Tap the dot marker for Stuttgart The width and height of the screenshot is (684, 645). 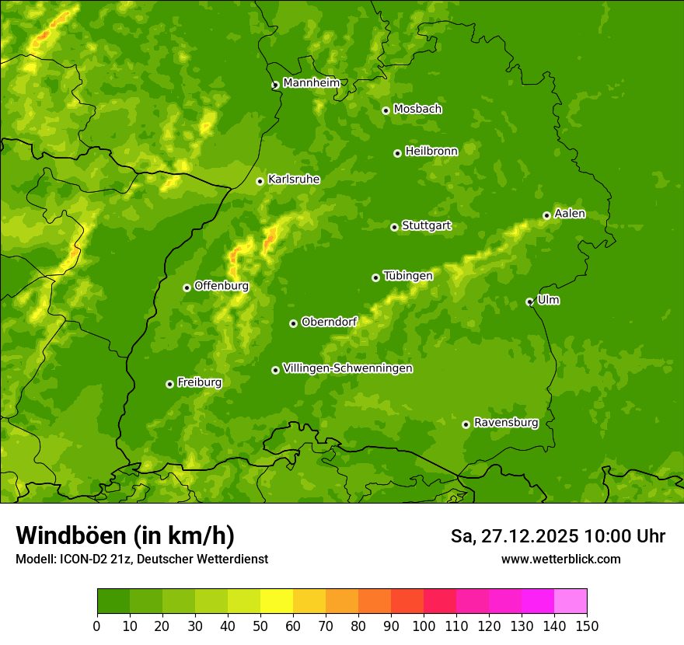tap(394, 227)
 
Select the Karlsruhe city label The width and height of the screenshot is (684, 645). tap(294, 180)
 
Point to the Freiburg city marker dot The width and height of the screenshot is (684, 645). tap(169, 384)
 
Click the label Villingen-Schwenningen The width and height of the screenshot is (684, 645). tap(347, 368)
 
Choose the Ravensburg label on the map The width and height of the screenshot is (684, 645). tap(506, 423)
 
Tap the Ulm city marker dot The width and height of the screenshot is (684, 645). tap(529, 302)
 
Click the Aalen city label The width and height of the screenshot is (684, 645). tap(570, 214)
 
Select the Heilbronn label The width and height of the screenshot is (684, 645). tap(431, 152)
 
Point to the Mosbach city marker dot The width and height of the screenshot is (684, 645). tap(386, 110)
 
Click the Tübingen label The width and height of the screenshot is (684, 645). tap(408, 276)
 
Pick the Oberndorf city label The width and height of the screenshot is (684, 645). tap(330, 322)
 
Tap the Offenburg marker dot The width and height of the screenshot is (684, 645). tap(187, 288)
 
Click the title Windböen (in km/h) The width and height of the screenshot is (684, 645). tap(125, 535)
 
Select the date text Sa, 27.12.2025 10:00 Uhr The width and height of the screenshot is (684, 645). tap(557, 536)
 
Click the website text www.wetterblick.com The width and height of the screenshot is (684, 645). tap(560, 559)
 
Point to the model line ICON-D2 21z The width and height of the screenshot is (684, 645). tap(141, 559)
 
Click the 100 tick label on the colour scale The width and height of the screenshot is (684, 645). tap(424, 626)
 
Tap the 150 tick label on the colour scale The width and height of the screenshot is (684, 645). tap(587, 626)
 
